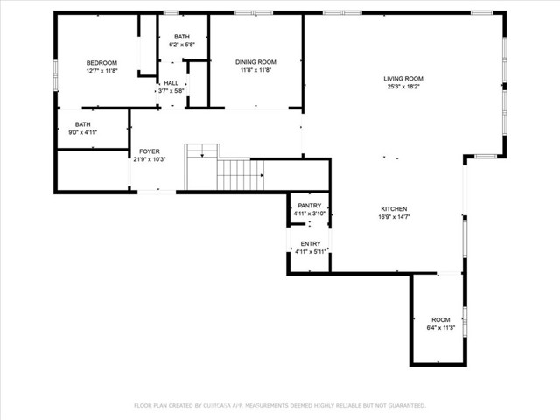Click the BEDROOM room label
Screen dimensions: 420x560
(x=101, y=63)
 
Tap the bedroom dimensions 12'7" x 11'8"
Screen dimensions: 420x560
(x=101, y=71)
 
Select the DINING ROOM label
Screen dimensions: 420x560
(x=255, y=62)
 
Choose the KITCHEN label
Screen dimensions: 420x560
(x=393, y=208)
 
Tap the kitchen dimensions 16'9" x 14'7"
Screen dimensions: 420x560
(x=393, y=217)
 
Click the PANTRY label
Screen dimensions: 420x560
(x=310, y=206)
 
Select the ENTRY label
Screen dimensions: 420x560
(x=310, y=244)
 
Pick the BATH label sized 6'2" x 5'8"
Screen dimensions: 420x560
(x=181, y=36)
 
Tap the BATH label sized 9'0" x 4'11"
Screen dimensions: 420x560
(x=82, y=124)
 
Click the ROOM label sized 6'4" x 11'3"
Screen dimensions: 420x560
(x=440, y=319)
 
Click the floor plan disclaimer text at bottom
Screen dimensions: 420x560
(x=279, y=405)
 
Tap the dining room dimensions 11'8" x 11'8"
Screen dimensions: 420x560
(x=255, y=71)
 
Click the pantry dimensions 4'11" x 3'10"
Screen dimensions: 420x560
(x=310, y=213)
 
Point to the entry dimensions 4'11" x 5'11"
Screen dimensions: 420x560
(x=310, y=252)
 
